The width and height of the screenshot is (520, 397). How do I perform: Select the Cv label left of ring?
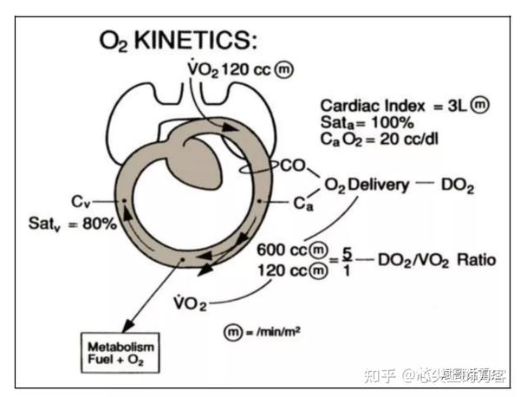pyautogui.click(x=81, y=202)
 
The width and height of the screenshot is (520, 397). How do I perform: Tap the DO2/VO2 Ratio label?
pyautogui.click(x=437, y=259)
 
